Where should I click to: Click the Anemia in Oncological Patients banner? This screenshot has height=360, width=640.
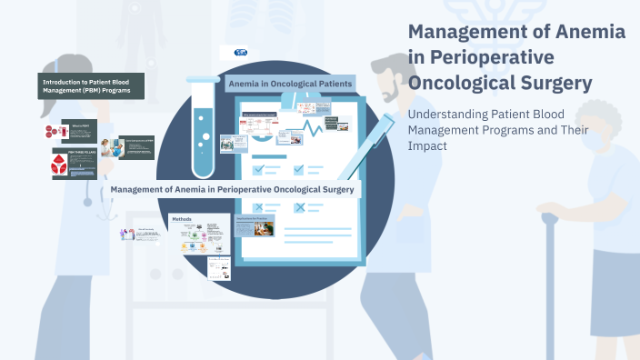tap(290, 84)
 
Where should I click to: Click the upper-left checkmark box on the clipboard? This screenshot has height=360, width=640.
tap(258, 169)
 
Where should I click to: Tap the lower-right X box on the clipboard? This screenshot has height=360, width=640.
tap(299, 208)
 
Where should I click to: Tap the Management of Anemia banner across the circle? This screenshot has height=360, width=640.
tap(233, 189)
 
